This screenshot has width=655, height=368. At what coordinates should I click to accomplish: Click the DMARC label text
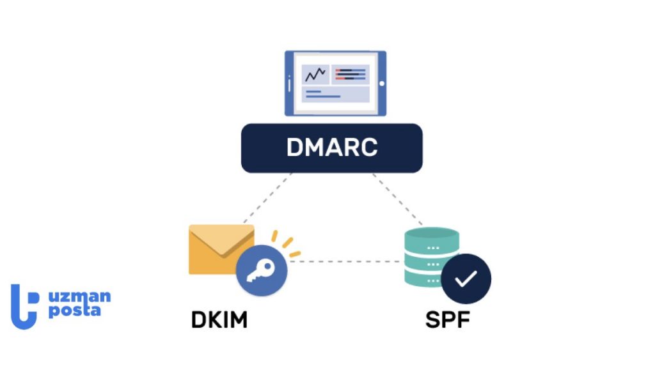click(x=331, y=148)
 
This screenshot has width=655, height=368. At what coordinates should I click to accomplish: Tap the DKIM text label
click(x=219, y=319)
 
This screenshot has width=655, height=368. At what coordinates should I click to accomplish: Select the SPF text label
click(x=448, y=319)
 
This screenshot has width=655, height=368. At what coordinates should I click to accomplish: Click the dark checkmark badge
click(x=466, y=279)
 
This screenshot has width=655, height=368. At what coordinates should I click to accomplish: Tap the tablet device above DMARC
click(x=335, y=83)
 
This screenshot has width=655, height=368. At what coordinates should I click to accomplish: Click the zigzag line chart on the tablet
click(x=315, y=75)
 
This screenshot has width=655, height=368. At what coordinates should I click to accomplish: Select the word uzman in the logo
click(x=79, y=297)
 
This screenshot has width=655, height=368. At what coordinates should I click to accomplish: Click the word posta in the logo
click(x=74, y=311)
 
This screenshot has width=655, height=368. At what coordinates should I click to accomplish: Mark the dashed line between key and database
click(x=345, y=261)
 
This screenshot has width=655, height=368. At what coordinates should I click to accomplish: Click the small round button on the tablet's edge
click(x=382, y=83)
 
